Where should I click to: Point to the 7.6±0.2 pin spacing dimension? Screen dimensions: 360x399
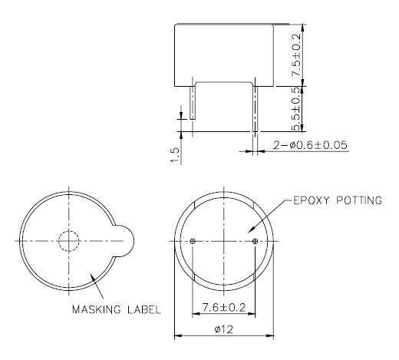(223, 308)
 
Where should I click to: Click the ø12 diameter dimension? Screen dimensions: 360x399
(224, 329)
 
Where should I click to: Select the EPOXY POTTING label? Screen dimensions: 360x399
(337, 200)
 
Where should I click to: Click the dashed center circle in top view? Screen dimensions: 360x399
(69, 241)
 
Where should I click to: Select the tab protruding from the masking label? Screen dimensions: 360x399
(126, 241)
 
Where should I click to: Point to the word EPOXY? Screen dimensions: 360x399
(308, 200)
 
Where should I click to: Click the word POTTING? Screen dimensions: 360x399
(356, 200)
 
